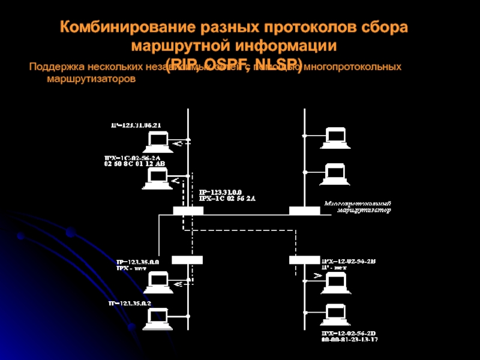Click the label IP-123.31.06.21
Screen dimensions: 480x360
coord(136,125)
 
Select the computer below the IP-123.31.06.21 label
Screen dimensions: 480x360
coord(158,142)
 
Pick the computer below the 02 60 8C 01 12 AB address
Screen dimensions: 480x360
coord(158,178)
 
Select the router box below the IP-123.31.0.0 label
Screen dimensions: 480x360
coord(188,211)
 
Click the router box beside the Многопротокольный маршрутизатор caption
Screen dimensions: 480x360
coord(304,211)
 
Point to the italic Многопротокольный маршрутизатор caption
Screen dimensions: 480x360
coord(358,207)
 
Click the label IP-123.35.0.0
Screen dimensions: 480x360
coord(137,262)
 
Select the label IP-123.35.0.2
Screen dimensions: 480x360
coord(130,304)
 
